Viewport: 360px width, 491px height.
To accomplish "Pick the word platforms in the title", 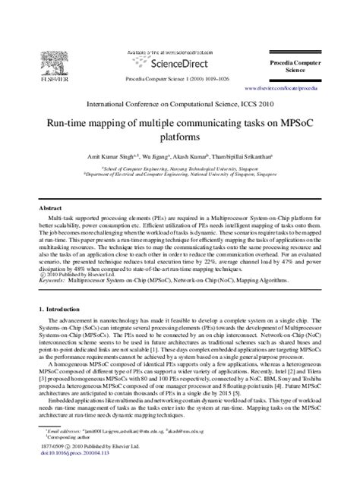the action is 180,138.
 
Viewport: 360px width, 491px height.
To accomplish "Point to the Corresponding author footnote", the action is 65,458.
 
